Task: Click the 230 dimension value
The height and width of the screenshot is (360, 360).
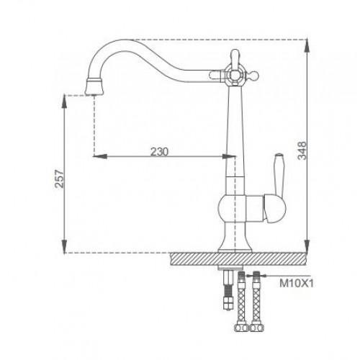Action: [x=159, y=152]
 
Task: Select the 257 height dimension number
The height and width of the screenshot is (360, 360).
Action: [x=59, y=179]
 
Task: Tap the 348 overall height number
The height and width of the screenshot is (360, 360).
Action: [x=302, y=150]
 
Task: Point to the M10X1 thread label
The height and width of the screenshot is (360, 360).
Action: [x=297, y=284]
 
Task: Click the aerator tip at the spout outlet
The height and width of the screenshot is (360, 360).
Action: [x=94, y=86]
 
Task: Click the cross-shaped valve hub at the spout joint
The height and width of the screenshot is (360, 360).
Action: [x=234, y=76]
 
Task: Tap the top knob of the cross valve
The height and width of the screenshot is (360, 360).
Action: [x=235, y=58]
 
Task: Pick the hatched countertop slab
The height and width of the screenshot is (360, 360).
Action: [x=239, y=259]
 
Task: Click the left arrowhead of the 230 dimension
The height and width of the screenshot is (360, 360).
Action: [x=100, y=156]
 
